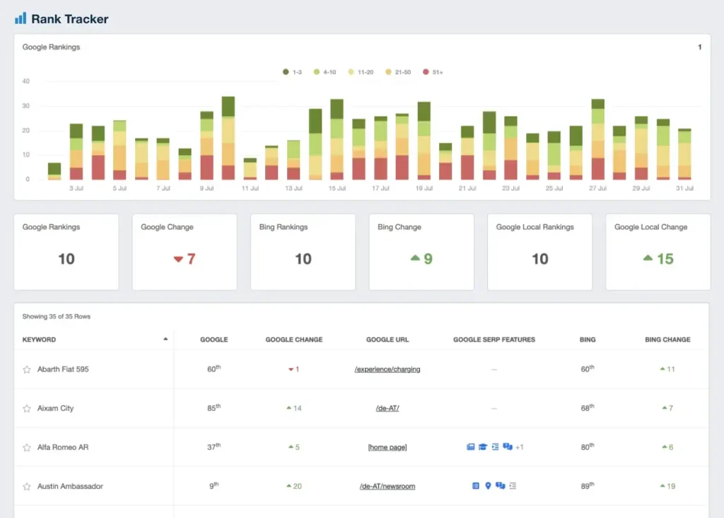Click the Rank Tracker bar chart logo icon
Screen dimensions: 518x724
[21, 18]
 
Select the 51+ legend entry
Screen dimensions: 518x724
[433, 72]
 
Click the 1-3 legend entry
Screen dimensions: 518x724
[292, 72]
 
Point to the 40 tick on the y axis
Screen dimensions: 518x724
[26, 81]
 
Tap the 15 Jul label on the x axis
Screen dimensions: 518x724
[338, 189]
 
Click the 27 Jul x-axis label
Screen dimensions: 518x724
[598, 189]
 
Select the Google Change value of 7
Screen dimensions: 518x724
[185, 259]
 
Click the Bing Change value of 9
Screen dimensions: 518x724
[422, 259]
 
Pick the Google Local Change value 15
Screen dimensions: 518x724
[658, 259]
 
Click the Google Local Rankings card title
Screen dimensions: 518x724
[535, 227]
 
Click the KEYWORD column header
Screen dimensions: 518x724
[40, 340]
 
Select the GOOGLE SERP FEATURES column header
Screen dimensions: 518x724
[494, 340]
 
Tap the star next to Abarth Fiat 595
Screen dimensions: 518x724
[27, 369]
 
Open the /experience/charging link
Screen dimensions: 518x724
[387, 369]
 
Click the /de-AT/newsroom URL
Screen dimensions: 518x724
[387, 486]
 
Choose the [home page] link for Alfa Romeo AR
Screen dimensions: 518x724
[387, 447]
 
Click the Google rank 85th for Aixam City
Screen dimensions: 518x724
[214, 408]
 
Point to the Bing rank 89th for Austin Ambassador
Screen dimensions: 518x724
[588, 486]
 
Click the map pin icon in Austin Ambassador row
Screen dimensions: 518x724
[488, 486]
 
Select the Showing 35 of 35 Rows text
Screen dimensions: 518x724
[57, 316]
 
